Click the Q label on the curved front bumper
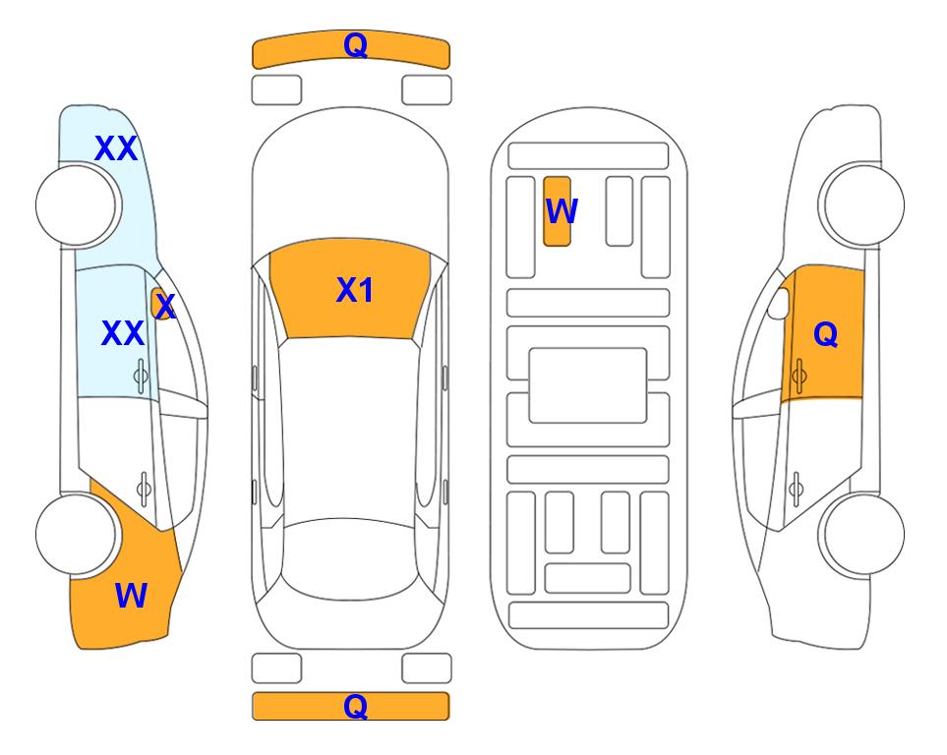pyautogui.click(x=355, y=44)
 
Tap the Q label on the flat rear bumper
pyautogui.click(x=355, y=706)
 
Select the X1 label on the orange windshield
pyautogui.click(x=355, y=290)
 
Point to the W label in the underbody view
pyautogui.click(x=562, y=210)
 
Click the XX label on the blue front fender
pyautogui.click(x=116, y=148)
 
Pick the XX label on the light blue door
pyautogui.click(x=123, y=333)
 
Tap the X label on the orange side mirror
pyautogui.click(x=165, y=307)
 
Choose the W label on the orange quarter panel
pyautogui.click(x=131, y=596)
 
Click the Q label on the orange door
pyautogui.click(x=826, y=334)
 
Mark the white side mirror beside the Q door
pyautogui.click(x=778, y=303)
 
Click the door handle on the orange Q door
pyautogui.click(x=799, y=376)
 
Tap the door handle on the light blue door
pyautogui.click(x=141, y=376)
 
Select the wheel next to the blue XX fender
pyautogui.click(x=76, y=205)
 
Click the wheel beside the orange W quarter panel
pyautogui.click(x=76, y=534)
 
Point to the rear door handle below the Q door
pyautogui.click(x=796, y=489)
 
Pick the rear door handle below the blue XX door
pyautogui.click(x=144, y=489)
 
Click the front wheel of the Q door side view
pyautogui.click(x=863, y=205)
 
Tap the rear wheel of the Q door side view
pyautogui.click(x=863, y=534)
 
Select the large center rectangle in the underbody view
pyautogui.click(x=588, y=385)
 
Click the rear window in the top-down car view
pyautogui.click(x=350, y=558)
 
